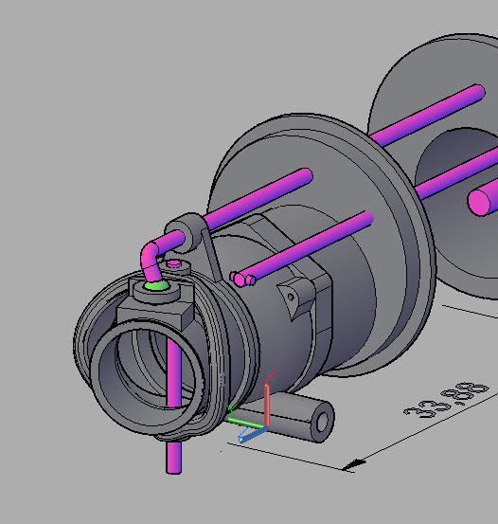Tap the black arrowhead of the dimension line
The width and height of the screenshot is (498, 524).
coord(354,464)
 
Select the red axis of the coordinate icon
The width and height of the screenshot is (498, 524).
coord(269,399)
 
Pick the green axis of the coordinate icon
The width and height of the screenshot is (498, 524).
coord(244,421)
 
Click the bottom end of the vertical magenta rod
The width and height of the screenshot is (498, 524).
coord(174,467)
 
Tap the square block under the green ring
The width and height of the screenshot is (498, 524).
coord(156,310)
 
